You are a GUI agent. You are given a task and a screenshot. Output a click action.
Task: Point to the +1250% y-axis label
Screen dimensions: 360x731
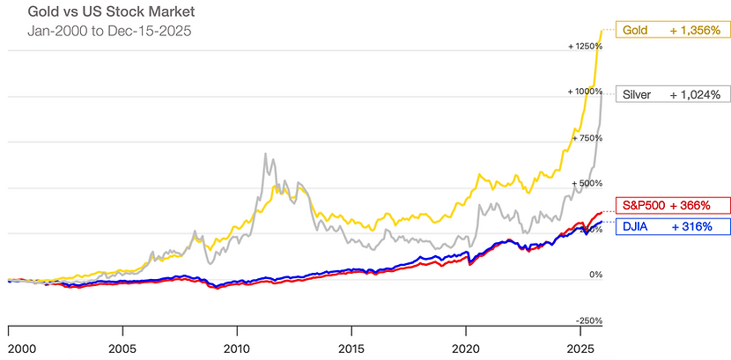point(584,46)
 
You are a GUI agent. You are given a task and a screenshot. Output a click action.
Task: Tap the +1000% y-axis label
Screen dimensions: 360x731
point(584,92)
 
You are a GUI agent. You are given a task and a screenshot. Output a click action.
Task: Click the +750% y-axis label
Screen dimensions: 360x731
point(587,137)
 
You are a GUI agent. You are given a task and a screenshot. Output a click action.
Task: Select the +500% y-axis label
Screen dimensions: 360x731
point(587,183)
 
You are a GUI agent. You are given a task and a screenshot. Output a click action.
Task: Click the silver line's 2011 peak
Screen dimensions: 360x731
point(265,155)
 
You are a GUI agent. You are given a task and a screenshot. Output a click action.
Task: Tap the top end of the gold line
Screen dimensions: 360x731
point(602,31)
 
